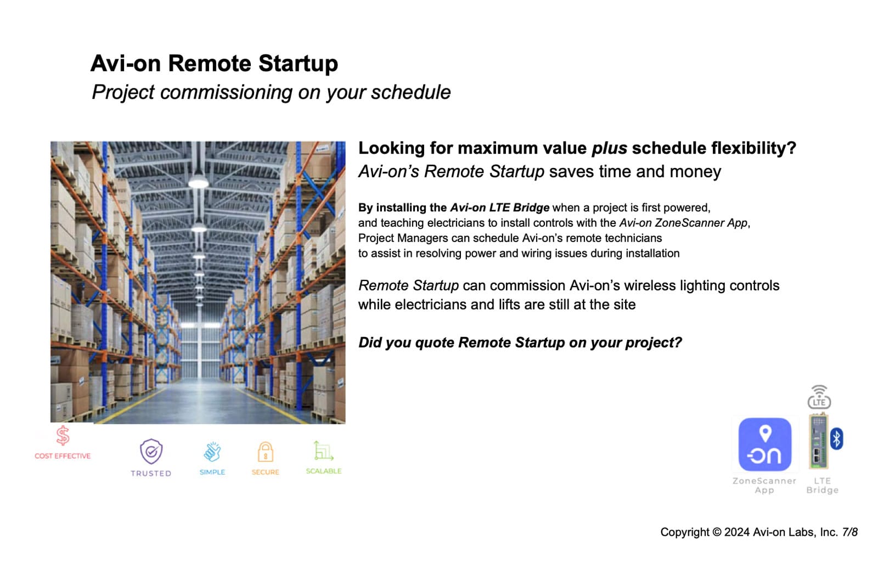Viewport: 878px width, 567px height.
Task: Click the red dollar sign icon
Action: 63,436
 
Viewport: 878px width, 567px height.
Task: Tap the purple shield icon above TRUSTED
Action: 151,451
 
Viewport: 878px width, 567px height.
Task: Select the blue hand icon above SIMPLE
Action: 212,452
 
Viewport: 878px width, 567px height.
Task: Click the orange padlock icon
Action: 266,452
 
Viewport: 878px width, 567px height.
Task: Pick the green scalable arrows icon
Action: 323,451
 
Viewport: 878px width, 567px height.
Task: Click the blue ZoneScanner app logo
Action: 765,444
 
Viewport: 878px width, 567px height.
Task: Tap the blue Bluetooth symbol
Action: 836,439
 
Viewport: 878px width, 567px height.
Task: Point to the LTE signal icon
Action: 819,397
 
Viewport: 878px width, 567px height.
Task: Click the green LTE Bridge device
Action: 819,441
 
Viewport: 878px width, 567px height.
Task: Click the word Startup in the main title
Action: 298,63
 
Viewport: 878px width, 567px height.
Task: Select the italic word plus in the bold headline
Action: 609,149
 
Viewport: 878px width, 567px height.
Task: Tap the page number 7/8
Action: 850,532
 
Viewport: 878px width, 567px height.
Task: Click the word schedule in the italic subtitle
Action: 411,93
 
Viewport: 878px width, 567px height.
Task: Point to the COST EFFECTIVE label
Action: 63,456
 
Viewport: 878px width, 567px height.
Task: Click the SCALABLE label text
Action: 324,471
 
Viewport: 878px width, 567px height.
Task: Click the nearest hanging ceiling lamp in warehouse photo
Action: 198,182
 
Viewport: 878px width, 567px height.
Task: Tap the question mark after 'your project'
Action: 678,343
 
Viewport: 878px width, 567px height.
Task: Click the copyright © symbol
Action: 717,532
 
